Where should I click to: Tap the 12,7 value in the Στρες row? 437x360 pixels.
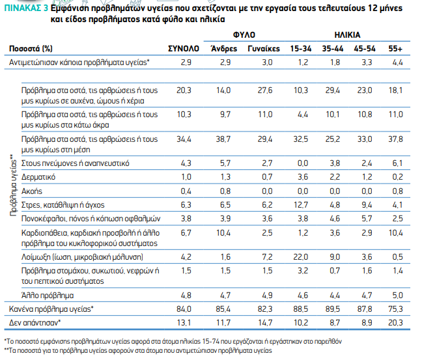tap(301, 204)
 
